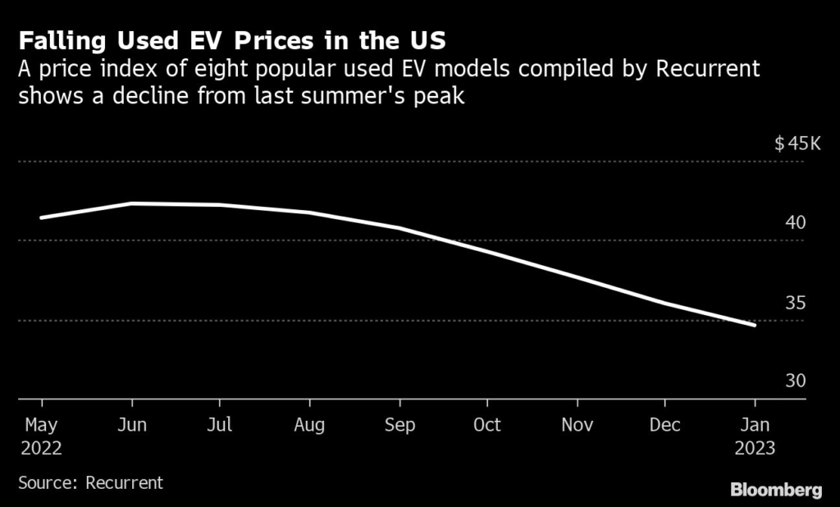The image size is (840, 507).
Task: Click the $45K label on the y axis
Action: (797, 144)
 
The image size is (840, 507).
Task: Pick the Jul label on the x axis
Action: (220, 426)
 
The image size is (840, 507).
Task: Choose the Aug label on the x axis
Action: (309, 426)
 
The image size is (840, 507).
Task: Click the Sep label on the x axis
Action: (399, 426)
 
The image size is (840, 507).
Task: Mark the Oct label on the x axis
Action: (487, 426)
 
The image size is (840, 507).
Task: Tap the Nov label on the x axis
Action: (577, 426)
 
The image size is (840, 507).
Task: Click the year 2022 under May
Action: (41, 450)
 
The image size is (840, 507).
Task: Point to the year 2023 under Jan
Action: (755, 450)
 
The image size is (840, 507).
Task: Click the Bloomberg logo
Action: (776, 491)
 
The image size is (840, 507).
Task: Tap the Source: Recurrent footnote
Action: (91, 483)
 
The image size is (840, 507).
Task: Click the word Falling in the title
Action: (62, 40)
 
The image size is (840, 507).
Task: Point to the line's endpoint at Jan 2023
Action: (755, 326)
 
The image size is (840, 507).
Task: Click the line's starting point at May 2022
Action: (41, 218)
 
